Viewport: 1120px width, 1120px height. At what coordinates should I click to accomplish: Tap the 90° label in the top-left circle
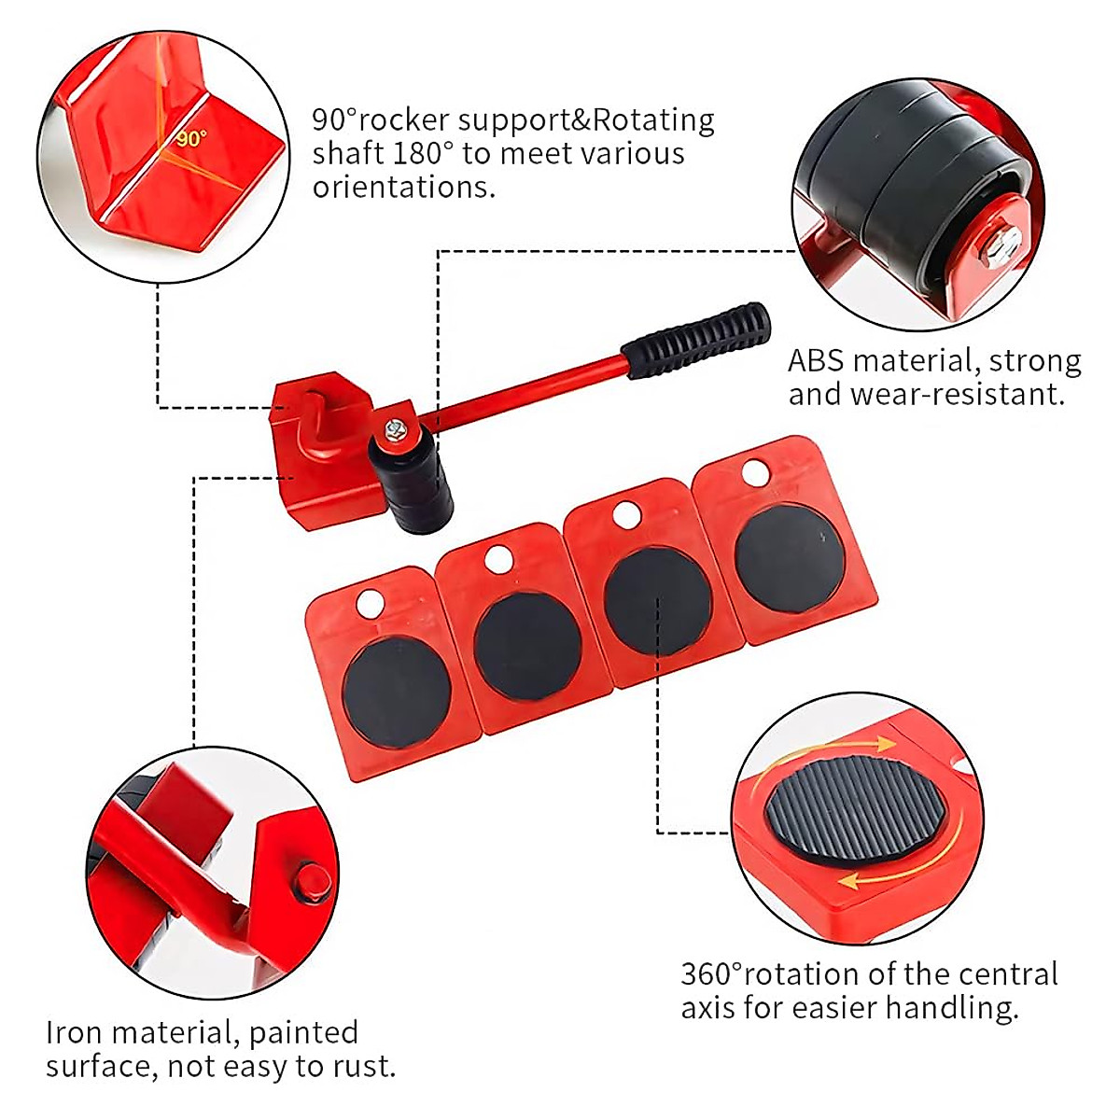click(190, 138)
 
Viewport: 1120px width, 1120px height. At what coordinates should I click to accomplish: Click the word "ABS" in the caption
click(816, 360)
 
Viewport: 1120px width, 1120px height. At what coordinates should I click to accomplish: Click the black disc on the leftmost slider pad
click(398, 690)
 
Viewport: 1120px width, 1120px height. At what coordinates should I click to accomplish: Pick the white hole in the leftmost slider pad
click(370, 603)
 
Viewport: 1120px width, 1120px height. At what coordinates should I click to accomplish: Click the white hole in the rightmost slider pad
click(756, 473)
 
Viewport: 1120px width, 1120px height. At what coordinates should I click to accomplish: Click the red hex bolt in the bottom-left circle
click(313, 881)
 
